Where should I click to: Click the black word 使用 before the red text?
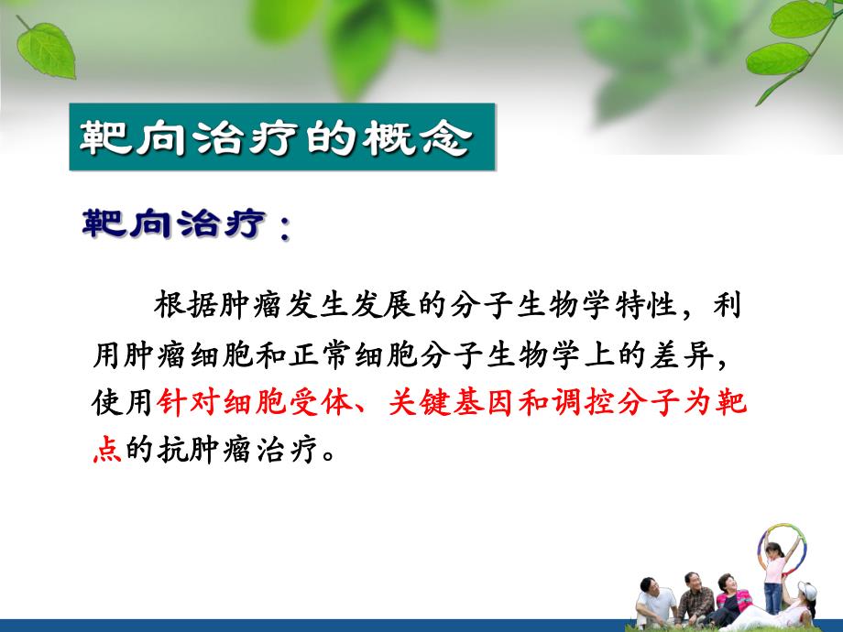pyautogui.click(x=124, y=404)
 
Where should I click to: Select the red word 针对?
pyautogui.click(x=186, y=404)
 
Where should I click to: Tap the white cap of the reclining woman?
pyautogui.click(x=805, y=588)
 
